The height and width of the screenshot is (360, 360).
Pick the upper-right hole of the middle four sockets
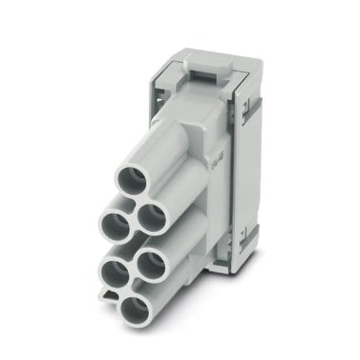click(x=150, y=216)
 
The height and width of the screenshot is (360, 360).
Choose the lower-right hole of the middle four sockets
click(x=150, y=265)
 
